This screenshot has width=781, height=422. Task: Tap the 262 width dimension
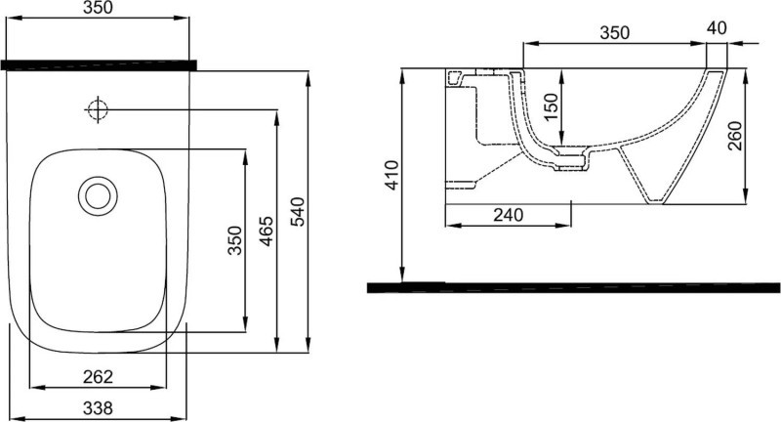point(99,376)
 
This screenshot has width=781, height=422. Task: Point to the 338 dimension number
point(99,407)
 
